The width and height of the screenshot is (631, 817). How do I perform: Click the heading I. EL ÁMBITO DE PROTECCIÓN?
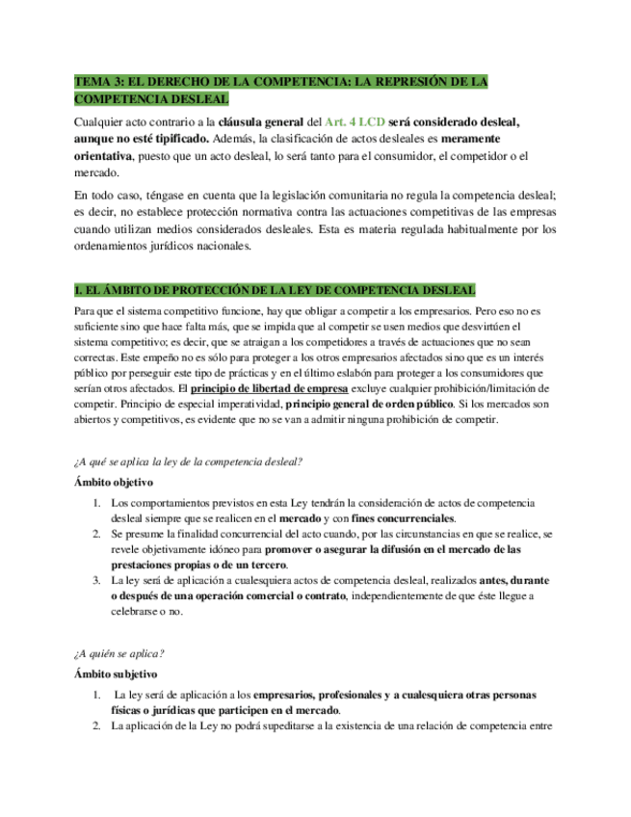pyautogui.click(x=275, y=291)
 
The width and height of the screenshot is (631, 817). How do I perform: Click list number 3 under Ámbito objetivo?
pyautogui.click(x=97, y=580)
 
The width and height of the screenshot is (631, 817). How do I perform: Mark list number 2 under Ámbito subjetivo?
pyautogui.click(x=97, y=726)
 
